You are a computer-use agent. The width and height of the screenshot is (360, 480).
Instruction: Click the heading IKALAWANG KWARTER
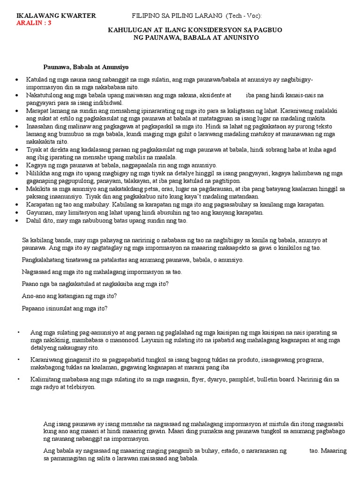56,16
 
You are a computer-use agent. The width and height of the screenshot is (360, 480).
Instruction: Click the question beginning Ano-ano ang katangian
69,296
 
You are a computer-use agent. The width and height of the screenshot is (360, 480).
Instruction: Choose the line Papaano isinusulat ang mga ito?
65,308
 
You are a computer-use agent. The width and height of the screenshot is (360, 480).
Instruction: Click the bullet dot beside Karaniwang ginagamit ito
18,359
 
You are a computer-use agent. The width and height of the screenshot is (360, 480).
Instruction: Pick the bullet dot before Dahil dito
17,220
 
